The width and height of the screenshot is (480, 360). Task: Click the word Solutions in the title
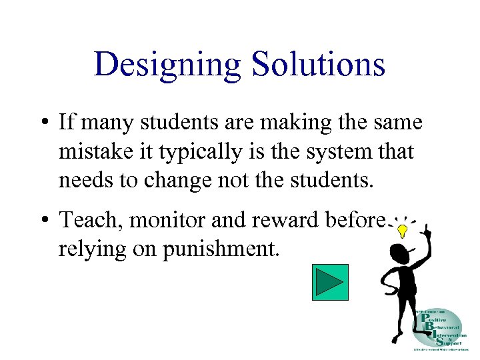[x=318, y=65]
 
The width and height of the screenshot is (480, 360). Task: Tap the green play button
[x=330, y=282]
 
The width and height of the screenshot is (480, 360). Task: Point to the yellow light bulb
[x=403, y=231]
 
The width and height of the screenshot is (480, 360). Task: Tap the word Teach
[x=83, y=219]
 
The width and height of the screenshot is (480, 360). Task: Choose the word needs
[x=81, y=181]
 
